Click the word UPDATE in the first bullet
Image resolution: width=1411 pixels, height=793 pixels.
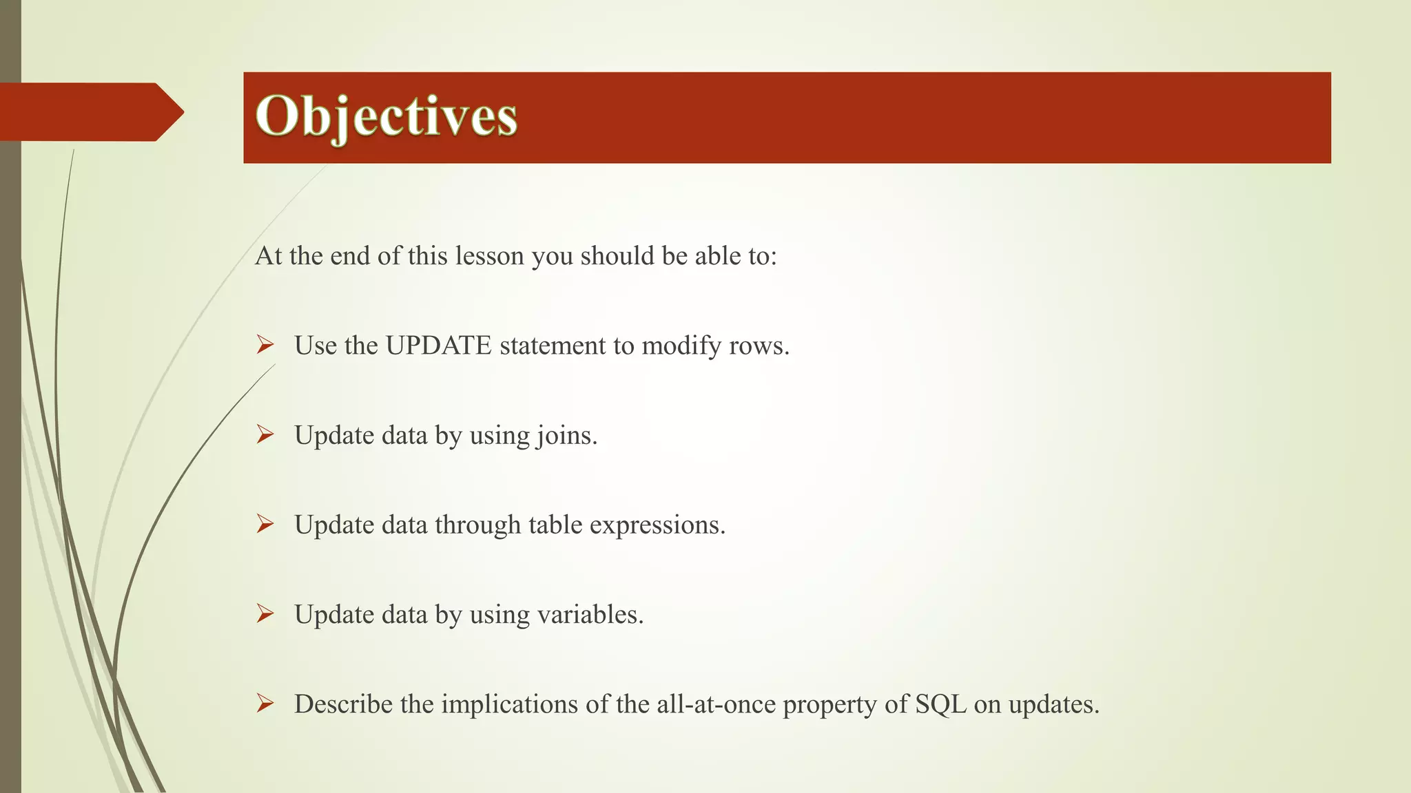coord(438,346)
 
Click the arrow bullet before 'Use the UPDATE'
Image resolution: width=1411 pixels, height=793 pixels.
coord(265,344)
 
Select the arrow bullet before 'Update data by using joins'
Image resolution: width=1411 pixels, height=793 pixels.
coord(265,434)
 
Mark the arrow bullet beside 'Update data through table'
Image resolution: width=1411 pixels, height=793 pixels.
coord(265,524)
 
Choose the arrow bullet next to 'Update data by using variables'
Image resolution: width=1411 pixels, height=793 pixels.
coord(265,613)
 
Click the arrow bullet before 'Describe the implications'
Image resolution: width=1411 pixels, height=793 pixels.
coord(265,703)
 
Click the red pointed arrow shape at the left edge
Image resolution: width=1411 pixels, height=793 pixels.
coord(90,112)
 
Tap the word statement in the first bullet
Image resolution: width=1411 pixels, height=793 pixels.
coord(553,346)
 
